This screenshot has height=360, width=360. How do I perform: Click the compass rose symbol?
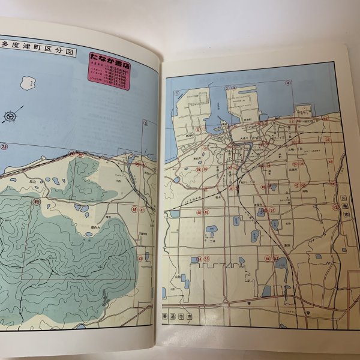(10, 115)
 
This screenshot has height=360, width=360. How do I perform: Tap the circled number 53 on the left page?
(139, 258)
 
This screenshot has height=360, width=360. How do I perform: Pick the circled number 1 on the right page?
(178, 94)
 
